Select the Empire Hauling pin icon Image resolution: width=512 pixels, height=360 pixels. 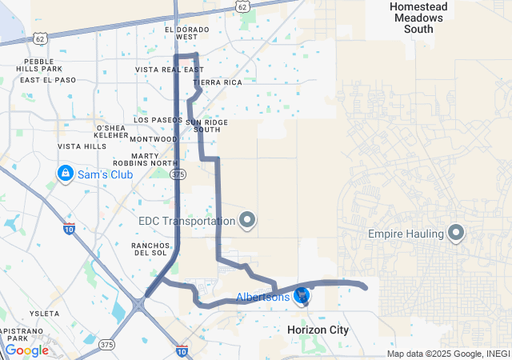457,234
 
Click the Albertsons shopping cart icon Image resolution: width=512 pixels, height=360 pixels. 302,297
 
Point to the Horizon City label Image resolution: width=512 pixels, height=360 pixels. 318,330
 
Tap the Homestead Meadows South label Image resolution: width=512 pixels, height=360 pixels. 411,18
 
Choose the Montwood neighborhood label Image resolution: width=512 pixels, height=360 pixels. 153,139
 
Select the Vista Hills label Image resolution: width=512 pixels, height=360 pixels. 82,146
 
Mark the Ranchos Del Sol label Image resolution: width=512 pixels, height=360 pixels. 149,249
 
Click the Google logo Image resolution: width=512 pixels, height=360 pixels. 26,350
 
